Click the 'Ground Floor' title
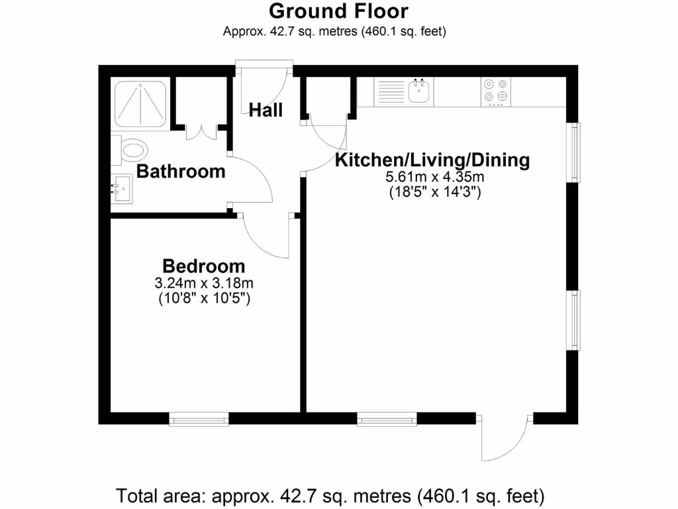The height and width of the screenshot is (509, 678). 338,11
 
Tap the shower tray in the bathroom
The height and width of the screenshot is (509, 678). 140,103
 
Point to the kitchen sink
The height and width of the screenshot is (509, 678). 419,91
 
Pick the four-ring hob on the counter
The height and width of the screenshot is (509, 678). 496,91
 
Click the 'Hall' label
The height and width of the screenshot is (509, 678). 266,110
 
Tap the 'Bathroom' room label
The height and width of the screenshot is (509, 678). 180,172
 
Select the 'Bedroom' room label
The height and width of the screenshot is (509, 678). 203,266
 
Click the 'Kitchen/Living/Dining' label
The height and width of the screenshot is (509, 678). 433,160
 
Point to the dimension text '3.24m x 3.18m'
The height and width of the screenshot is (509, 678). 203,284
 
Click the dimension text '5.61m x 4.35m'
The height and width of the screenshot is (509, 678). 434,178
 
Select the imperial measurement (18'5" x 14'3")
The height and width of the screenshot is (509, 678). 434,193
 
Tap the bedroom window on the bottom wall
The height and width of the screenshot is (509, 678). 199,418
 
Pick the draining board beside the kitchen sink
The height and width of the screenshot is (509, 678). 390,91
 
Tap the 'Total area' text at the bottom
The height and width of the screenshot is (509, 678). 330,495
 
